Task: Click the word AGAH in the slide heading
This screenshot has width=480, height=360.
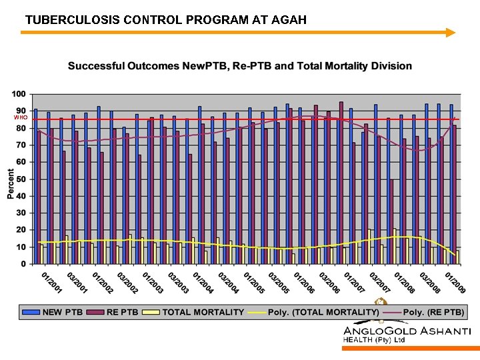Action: point(289,20)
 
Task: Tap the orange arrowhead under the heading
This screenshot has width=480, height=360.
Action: point(451,32)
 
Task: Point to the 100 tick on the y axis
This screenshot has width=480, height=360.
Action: point(20,93)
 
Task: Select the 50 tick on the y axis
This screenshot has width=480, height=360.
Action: point(22,179)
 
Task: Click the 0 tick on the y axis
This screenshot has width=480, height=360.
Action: point(24,264)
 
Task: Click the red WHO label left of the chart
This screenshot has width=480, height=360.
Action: point(20,117)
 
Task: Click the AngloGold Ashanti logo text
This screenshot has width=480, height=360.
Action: point(407,331)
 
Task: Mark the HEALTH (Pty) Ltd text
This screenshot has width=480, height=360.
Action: point(374,341)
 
